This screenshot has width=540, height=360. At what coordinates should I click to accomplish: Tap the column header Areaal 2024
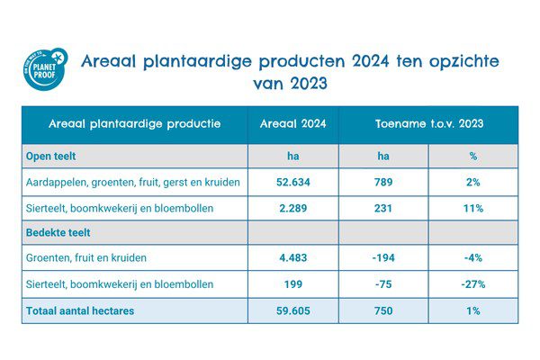[x=292, y=124]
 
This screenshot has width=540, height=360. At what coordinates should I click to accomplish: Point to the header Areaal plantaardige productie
[x=134, y=124]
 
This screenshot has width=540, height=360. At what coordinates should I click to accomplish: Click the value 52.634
[x=292, y=183]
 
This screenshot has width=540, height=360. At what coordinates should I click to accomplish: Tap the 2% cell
[x=472, y=183]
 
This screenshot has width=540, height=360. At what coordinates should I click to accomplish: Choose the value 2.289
[x=292, y=209]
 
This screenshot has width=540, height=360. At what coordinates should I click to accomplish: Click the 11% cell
[x=472, y=209]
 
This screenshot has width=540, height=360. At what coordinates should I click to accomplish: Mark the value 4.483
[x=292, y=259]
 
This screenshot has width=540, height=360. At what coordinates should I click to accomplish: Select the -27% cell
[x=472, y=284]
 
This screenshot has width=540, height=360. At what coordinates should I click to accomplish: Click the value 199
[x=292, y=284]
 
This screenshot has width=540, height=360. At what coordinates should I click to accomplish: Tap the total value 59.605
[x=292, y=310]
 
